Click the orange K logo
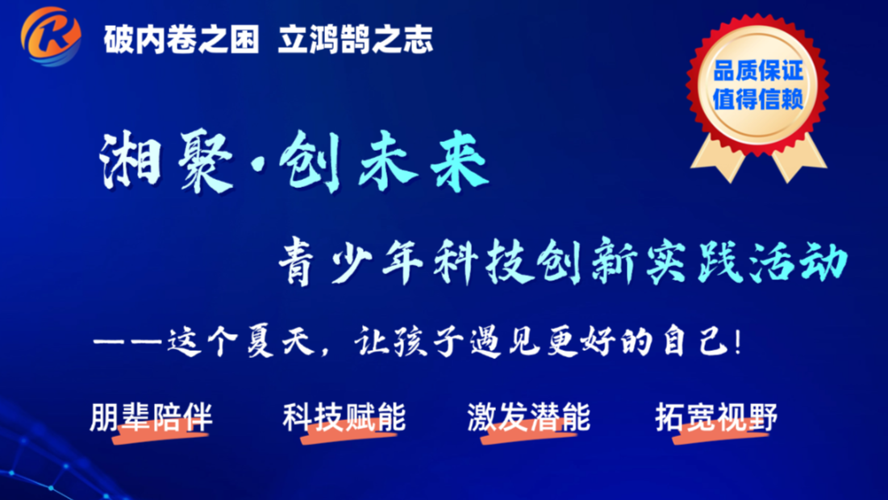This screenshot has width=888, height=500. tap(51, 37)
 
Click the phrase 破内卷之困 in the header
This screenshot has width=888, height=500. tap(181, 40)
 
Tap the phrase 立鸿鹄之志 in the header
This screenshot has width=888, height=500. tap(356, 40)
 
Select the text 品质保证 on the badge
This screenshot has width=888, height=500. tap(758, 71)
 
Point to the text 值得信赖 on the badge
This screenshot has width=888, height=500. tap(758, 99)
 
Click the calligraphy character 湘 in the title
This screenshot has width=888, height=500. tap(131, 160)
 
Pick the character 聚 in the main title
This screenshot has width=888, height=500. tap(205, 160)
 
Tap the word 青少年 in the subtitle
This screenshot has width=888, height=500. tap(351, 261)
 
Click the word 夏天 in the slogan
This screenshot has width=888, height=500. tap(281, 342)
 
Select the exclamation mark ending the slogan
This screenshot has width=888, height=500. tap(737, 342)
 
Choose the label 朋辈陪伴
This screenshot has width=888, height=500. tap(151, 417)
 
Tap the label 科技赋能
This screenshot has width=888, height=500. tap(344, 417)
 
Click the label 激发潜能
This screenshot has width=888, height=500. tap(528, 417)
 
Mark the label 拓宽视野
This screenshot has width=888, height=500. tap(716, 417)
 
